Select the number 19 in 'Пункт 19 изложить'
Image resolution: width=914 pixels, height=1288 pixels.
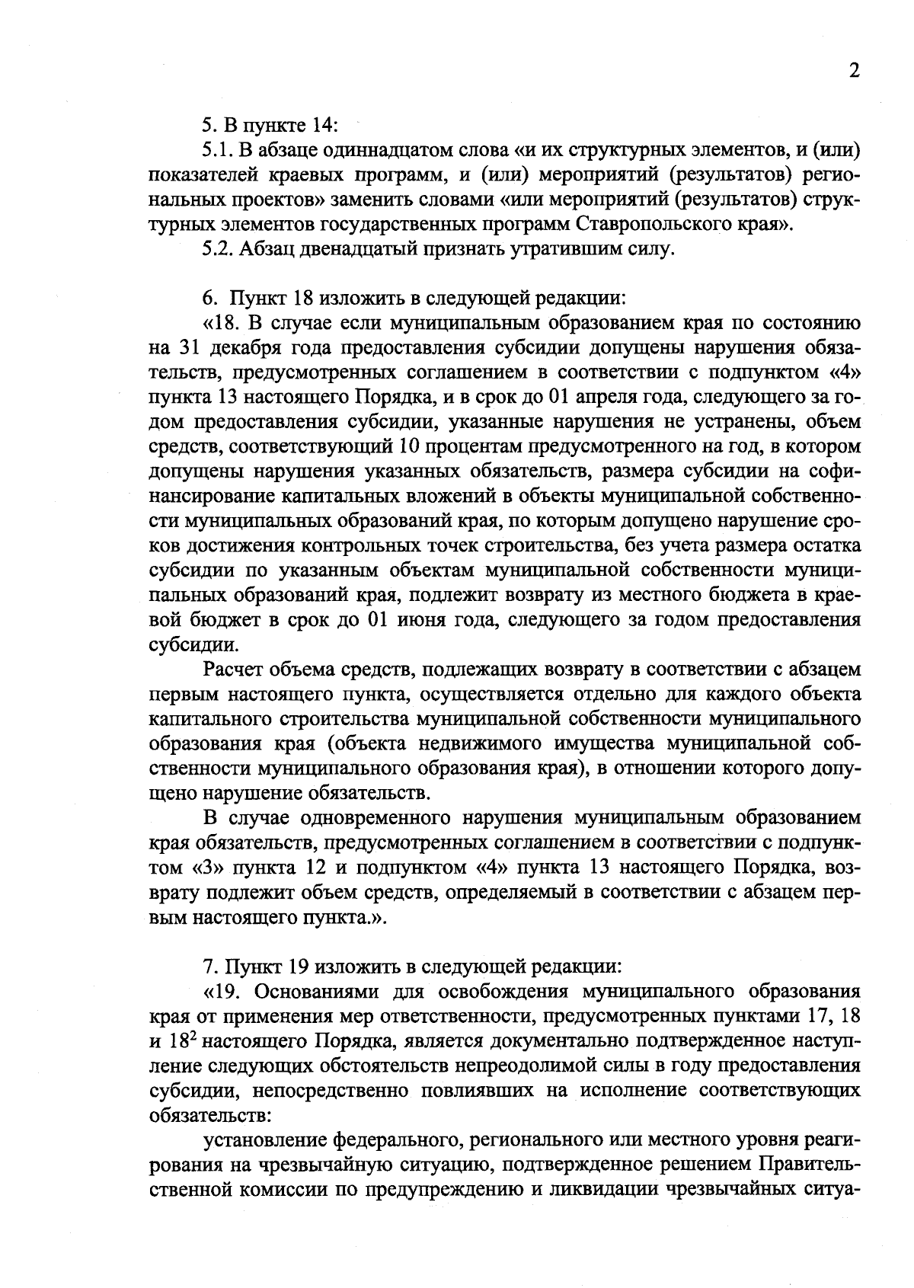[x=299, y=967]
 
